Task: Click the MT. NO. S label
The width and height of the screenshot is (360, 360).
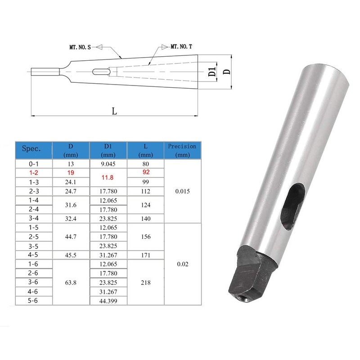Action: click(80, 47)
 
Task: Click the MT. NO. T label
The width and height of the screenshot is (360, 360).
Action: click(181, 47)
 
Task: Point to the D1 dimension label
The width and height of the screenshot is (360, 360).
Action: click(212, 72)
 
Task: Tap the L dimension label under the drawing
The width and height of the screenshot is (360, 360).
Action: click(114, 111)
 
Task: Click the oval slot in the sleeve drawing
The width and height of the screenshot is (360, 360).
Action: click(102, 72)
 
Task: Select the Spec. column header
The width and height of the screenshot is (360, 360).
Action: click(31, 148)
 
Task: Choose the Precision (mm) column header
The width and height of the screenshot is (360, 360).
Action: click(182, 150)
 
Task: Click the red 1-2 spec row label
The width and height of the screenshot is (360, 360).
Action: click(33, 173)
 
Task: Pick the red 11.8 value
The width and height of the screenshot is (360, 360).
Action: click(108, 177)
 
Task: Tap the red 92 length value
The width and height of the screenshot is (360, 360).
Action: click(146, 172)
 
